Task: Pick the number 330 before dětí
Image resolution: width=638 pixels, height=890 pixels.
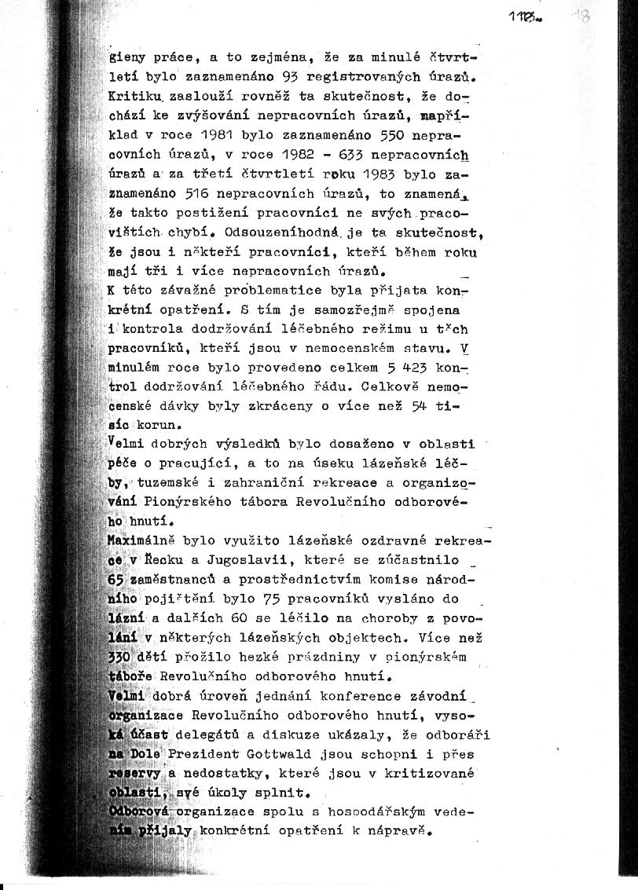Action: pyautogui.click(x=119, y=657)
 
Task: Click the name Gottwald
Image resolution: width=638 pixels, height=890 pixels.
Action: pyautogui.click(x=251, y=754)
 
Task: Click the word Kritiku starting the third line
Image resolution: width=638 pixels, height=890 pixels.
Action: pyautogui.click(x=137, y=96)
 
